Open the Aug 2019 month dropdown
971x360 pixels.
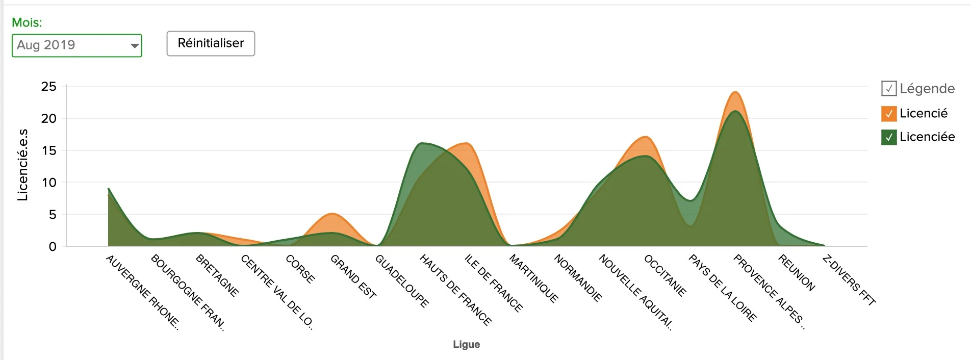pyautogui.click(x=77, y=45)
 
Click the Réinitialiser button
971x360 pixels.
pyautogui.click(x=211, y=43)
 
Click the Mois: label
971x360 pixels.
pyautogui.click(x=27, y=22)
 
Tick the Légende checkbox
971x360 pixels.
pyautogui.click(x=888, y=89)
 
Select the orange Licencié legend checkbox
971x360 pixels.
pyautogui.click(x=888, y=114)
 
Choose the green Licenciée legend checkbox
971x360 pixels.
pyautogui.click(x=888, y=137)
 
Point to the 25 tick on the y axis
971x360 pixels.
pyautogui.click(x=49, y=87)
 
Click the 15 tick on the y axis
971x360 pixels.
pyautogui.click(x=49, y=150)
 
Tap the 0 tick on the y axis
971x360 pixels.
pyautogui.click(x=53, y=247)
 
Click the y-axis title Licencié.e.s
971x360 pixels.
pyautogui.click(x=22, y=165)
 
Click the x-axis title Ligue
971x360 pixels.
pyautogui.click(x=466, y=344)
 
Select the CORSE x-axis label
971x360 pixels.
pyautogui.click(x=300, y=269)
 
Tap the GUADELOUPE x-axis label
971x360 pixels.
pyautogui.click(x=402, y=281)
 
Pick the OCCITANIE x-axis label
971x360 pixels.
pyautogui.click(x=665, y=275)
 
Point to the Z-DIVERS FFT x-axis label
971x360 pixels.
pyautogui.click(x=849, y=280)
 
